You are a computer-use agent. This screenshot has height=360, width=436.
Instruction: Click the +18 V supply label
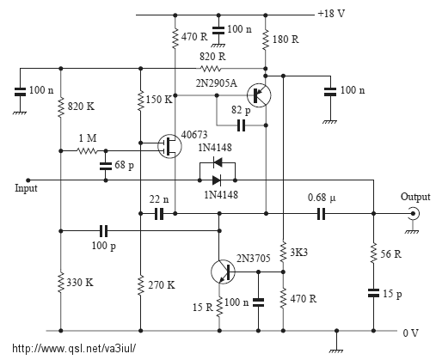(331, 14)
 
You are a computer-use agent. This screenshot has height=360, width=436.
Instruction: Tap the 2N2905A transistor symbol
(259, 95)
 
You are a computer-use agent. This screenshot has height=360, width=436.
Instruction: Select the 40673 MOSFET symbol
(169, 146)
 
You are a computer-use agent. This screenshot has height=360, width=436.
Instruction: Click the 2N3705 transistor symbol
(223, 272)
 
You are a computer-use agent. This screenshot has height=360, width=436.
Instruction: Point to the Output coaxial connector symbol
(414, 214)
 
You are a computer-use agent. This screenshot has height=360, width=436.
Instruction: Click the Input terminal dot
(28, 180)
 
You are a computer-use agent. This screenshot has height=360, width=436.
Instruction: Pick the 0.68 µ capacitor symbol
(322, 214)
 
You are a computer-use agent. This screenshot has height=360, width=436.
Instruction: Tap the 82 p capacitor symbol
(242, 125)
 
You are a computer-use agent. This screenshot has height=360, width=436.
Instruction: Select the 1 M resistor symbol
(88, 150)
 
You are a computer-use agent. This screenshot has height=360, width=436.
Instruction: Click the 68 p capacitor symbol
(106, 166)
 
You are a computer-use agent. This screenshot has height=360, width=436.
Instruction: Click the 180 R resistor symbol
(266, 39)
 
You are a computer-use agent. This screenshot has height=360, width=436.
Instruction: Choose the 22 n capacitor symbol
(159, 214)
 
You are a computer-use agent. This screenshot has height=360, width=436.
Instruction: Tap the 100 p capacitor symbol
(104, 231)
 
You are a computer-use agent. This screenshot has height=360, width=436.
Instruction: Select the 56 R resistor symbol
(373, 253)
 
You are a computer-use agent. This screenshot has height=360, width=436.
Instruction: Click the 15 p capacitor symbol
(373, 293)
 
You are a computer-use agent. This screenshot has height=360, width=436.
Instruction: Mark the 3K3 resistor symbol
(283, 252)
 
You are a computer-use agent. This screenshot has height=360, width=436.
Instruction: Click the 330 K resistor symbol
(60, 283)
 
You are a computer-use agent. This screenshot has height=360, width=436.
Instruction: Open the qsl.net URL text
(74, 349)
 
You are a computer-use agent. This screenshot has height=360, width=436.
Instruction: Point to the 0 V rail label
(411, 333)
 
